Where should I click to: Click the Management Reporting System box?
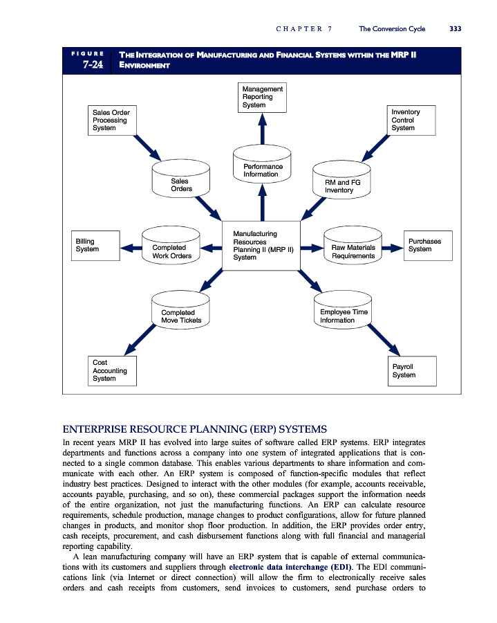click(262, 97)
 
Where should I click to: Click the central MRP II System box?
click(261, 246)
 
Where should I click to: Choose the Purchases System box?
click(428, 246)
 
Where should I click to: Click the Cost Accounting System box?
click(111, 370)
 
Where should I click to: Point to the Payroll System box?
click(413, 370)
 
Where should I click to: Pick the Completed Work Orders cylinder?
click(169, 248)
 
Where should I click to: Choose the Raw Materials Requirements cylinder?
click(353, 248)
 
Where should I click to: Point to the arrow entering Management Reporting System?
click(262, 128)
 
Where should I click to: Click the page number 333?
click(455, 28)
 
